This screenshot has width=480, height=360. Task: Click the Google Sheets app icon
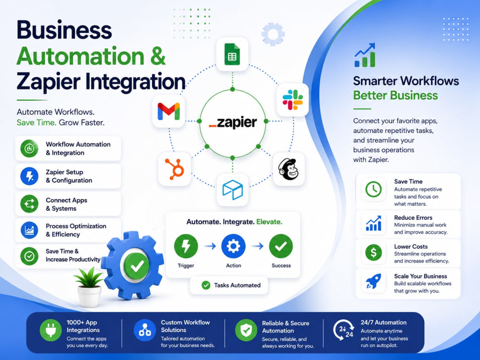click(x=232, y=54)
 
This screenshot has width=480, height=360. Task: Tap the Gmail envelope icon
click(x=168, y=111)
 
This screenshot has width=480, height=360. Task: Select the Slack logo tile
click(x=293, y=100)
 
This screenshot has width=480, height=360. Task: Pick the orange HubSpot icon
click(x=175, y=168)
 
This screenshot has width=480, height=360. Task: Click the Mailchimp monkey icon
click(x=288, y=169)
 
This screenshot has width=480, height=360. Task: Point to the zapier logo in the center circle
click(x=233, y=122)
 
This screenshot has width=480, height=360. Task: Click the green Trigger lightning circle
click(x=186, y=246)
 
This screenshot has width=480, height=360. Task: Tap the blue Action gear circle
click(x=233, y=246)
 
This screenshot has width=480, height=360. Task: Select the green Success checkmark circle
click(x=281, y=246)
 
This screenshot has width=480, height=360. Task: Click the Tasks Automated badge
click(x=229, y=285)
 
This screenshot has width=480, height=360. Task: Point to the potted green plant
click(x=89, y=287)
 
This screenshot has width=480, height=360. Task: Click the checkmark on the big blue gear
click(x=137, y=266)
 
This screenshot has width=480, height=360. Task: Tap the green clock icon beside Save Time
click(x=373, y=189)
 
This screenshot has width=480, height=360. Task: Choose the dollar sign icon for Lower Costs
click(x=373, y=252)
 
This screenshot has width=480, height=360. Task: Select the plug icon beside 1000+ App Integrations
click(x=50, y=330)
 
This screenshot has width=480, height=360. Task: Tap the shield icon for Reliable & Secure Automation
click(x=246, y=330)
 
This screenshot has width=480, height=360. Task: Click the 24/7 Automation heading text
click(x=384, y=323)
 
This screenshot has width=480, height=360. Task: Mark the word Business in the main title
click(x=64, y=30)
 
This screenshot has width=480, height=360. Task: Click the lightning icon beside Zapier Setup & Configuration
click(x=29, y=176)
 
